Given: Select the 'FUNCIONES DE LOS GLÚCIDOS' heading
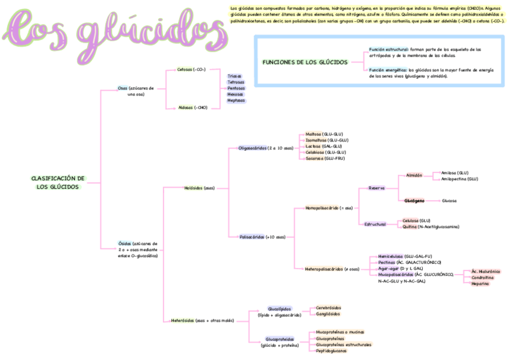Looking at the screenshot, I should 305,62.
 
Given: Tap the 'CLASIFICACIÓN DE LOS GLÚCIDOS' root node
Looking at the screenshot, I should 58,183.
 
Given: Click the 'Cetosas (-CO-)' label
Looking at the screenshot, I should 191,70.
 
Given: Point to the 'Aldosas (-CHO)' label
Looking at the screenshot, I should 192,108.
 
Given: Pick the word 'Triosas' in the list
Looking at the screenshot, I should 235,76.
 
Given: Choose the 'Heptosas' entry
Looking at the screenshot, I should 236,100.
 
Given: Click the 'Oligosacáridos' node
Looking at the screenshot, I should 266,148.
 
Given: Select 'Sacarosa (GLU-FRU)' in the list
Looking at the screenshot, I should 325,159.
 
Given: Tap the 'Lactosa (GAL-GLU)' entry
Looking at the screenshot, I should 324,146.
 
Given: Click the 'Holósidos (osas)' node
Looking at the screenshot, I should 199,188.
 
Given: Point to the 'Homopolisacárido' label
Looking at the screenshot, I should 329,208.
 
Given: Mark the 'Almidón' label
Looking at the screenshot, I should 414,175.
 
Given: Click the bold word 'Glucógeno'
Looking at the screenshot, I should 414,201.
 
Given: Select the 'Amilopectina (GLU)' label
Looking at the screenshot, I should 459,179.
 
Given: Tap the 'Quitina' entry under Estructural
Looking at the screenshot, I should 410,227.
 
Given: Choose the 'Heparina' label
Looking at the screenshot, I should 481,284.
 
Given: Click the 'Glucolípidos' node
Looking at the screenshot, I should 279,308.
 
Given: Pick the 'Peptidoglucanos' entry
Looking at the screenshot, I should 331,351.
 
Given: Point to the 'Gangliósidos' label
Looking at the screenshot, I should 328,314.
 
